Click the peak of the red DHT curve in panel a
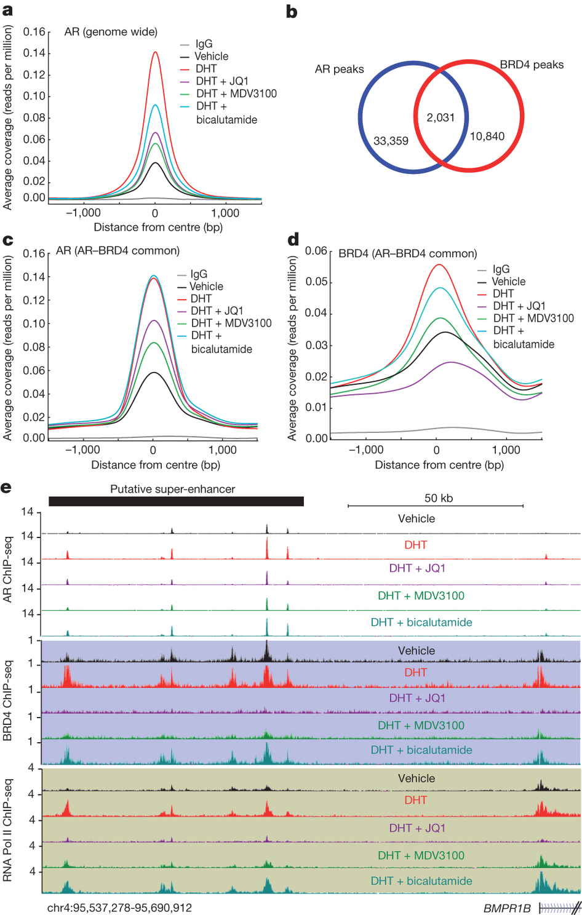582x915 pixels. (156, 53)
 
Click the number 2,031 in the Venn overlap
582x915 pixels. (440, 117)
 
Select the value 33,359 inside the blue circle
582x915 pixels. (391, 141)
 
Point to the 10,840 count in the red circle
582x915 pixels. (487, 136)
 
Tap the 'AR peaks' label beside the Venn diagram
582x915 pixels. (339, 69)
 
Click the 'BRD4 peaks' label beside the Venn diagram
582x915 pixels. (531, 65)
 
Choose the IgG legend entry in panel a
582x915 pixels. (204, 44)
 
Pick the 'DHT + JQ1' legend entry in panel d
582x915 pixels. (519, 306)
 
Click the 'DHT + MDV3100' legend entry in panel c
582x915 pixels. (231, 323)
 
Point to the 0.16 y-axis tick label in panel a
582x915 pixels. (34, 32)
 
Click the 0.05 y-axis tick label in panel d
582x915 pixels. (316, 282)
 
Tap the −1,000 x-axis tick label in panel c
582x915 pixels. (82, 450)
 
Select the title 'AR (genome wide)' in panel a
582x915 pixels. (111, 32)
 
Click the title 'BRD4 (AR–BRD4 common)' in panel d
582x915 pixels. (407, 253)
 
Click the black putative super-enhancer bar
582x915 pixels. (176, 501)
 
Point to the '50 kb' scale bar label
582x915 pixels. (438, 498)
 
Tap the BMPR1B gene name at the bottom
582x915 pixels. (506, 908)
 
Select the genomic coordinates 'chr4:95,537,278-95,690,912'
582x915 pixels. (119, 908)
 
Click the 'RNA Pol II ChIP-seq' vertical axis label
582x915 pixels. (8, 831)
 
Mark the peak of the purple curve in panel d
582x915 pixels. (451, 362)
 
